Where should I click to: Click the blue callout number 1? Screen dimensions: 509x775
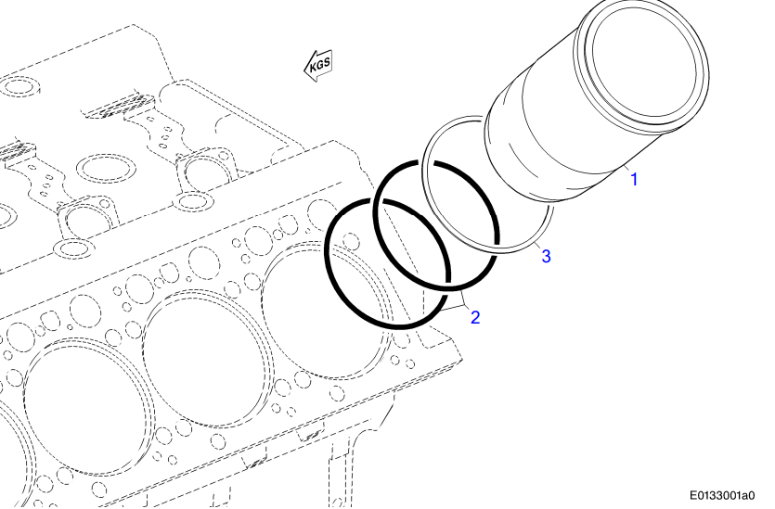635,179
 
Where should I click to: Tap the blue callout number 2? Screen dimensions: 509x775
475,317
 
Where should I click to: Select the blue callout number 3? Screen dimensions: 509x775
547,256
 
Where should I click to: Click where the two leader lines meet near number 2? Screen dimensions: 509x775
462,308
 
